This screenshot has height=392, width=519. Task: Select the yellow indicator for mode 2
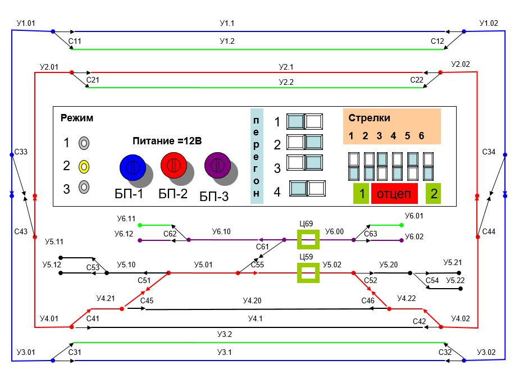[x=83, y=166]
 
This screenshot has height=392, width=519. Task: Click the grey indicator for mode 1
[x=83, y=143]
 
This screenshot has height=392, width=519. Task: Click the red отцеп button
[x=394, y=194]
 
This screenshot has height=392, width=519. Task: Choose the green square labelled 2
[x=433, y=194]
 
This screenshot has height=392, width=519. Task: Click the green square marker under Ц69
[x=308, y=240]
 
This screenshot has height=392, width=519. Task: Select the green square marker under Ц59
[x=308, y=274]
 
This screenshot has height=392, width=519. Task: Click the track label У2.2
[x=286, y=82]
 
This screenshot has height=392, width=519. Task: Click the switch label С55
[x=257, y=265]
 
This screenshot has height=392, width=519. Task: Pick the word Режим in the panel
[x=76, y=118]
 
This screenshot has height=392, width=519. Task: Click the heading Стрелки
[x=369, y=118]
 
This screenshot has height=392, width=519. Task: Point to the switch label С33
[x=21, y=152]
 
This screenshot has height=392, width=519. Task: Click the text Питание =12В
[x=167, y=140]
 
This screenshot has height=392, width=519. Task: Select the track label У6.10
[x=221, y=231]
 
